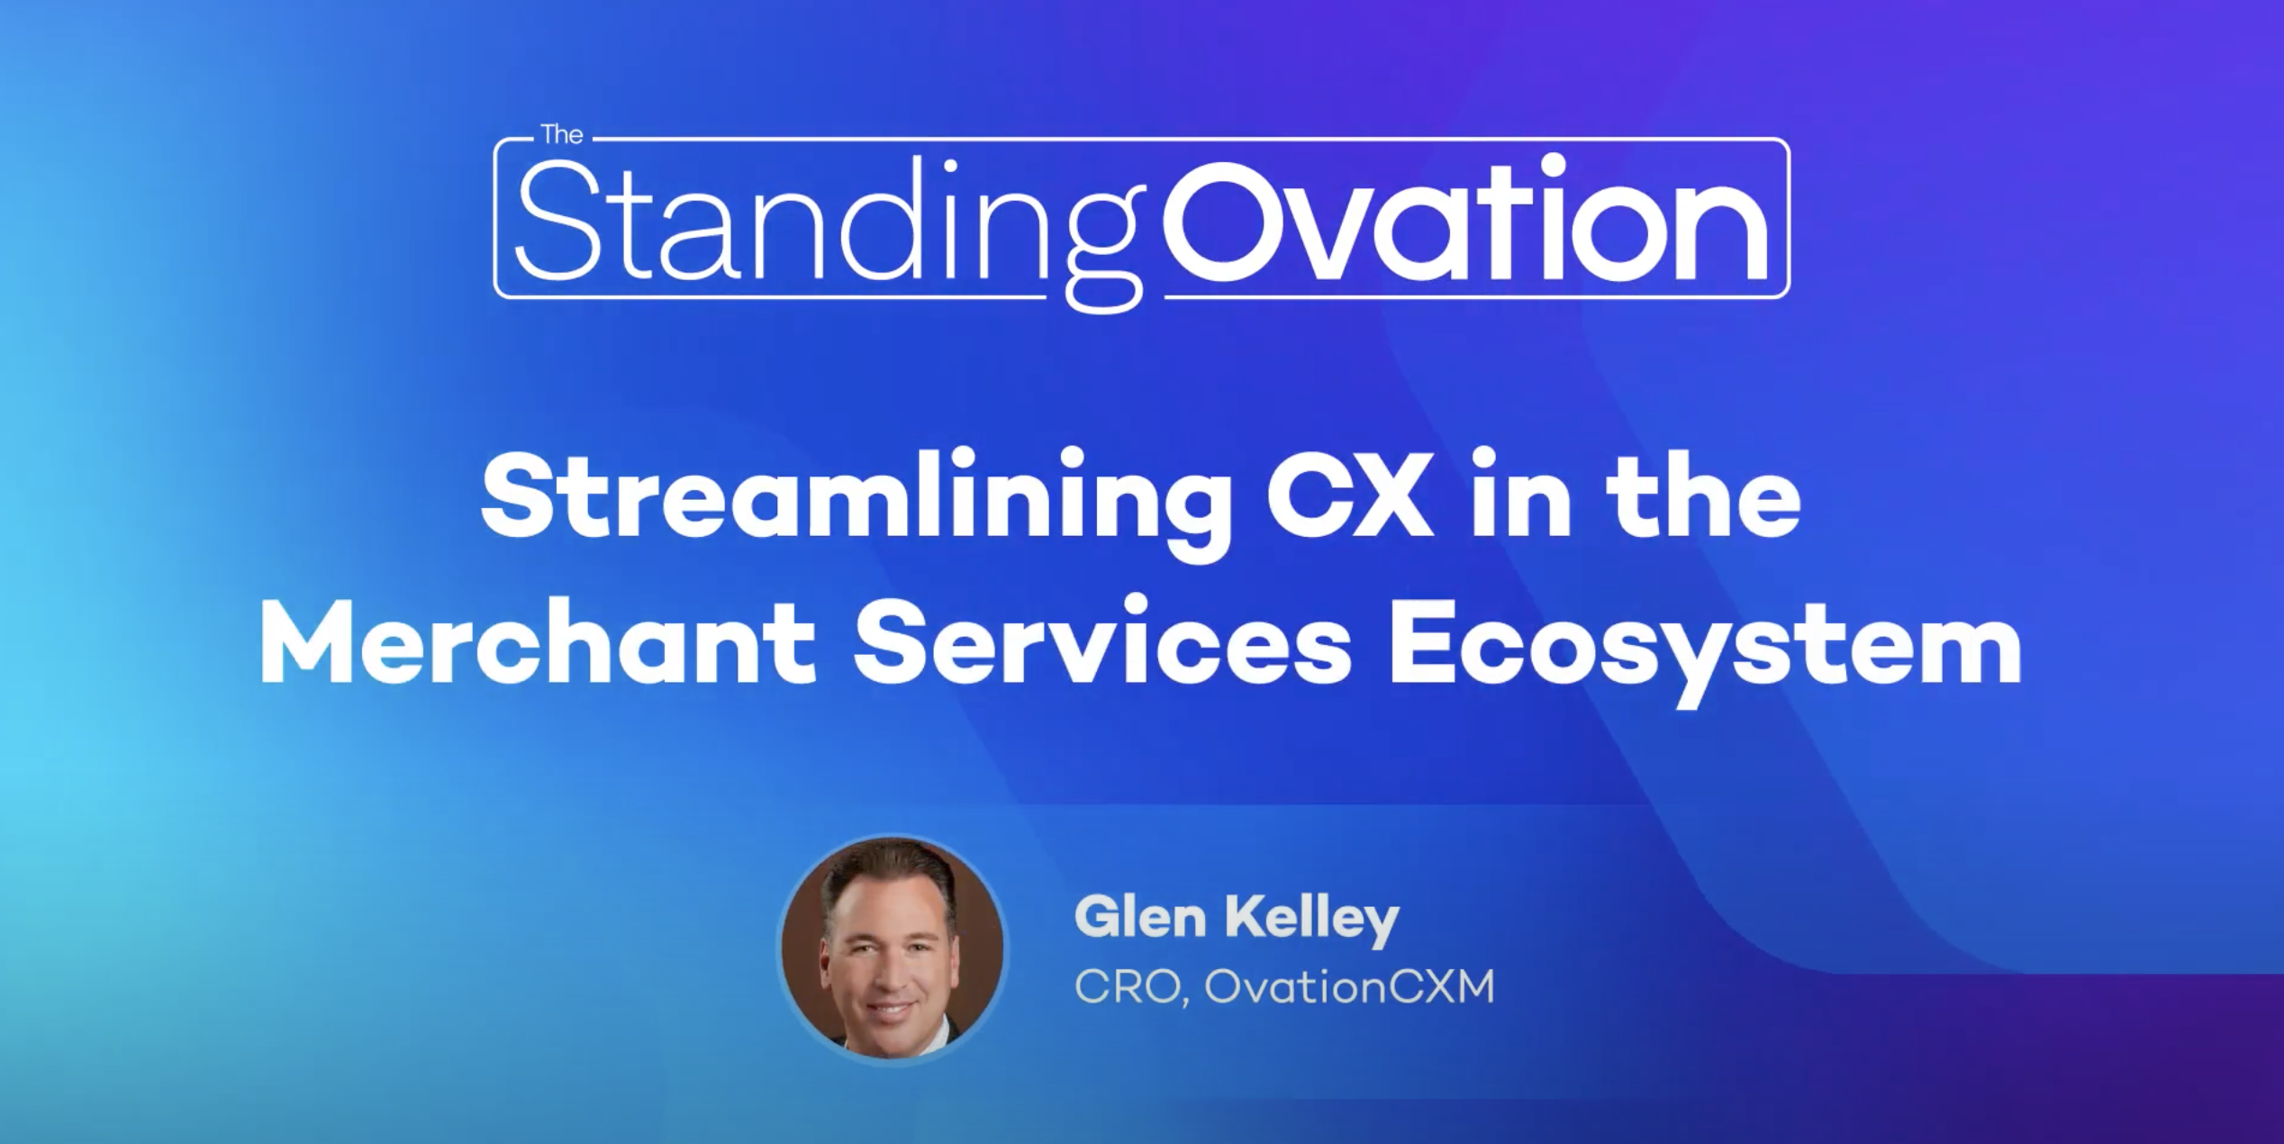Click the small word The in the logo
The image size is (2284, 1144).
(x=562, y=135)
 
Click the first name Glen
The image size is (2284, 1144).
(x=1140, y=918)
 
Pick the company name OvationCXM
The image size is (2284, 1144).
(x=1349, y=987)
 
